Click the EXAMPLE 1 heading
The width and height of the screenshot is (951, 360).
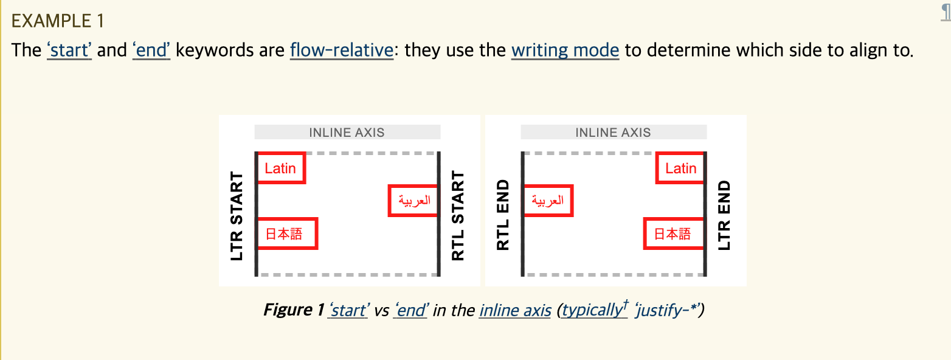click(58, 21)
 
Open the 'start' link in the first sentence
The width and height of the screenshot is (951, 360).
click(69, 50)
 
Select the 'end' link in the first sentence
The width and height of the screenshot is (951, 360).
click(151, 50)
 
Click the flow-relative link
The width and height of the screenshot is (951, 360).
click(342, 50)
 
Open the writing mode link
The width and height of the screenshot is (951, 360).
click(565, 50)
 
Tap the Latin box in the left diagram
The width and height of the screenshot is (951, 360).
click(280, 168)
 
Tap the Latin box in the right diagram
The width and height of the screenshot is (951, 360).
click(680, 168)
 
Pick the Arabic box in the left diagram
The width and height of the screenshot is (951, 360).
click(413, 201)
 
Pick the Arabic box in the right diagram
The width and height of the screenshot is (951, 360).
click(547, 201)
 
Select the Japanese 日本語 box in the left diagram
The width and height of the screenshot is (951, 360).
click(286, 234)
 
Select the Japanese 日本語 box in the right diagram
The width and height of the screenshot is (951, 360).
click(673, 234)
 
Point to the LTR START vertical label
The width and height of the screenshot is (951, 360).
click(237, 216)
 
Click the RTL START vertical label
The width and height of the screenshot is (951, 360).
click(458, 216)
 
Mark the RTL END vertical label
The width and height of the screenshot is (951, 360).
click(503, 216)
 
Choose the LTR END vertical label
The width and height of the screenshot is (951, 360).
click(724, 216)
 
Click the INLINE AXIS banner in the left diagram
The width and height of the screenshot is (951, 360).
click(347, 133)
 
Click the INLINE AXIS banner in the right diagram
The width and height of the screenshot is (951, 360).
click(613, 133)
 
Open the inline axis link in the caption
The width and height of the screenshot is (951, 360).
click(515, 311)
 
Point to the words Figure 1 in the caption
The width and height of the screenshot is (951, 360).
click(293, 311)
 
